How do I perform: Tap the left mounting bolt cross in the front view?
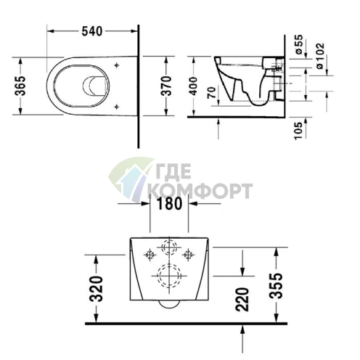[150, 254]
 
